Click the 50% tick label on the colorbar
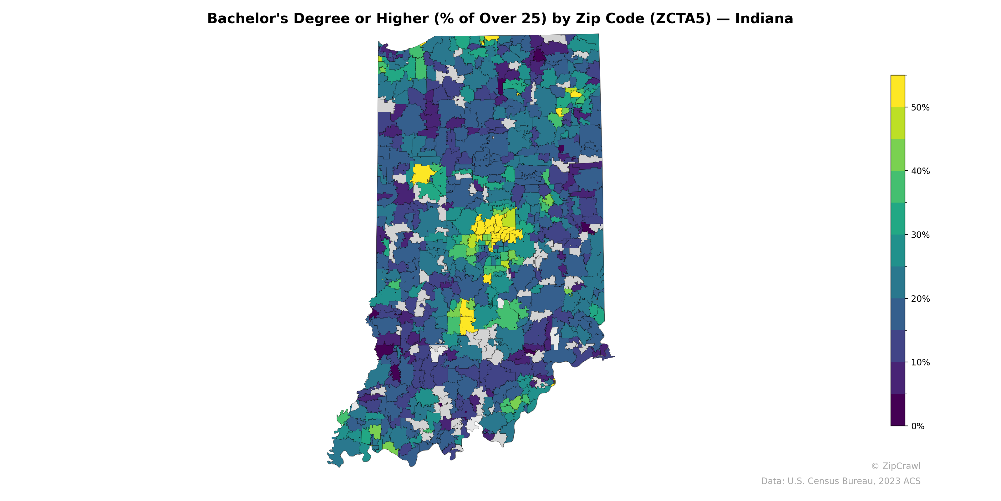[x=920, y=108]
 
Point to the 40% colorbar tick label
[x=920, y=171]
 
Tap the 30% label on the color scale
[x=920, y=235]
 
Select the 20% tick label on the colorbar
[x=920, y=299]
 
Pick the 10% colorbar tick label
[x=920, y=363]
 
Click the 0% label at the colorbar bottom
[x=917, y=426]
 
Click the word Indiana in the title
[x=764, y=19]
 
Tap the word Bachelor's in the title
[x=247, y=19]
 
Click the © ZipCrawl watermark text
[x=895, y=466]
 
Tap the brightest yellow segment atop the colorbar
[x=898, y=91]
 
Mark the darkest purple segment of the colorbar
[x=898, y=410]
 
